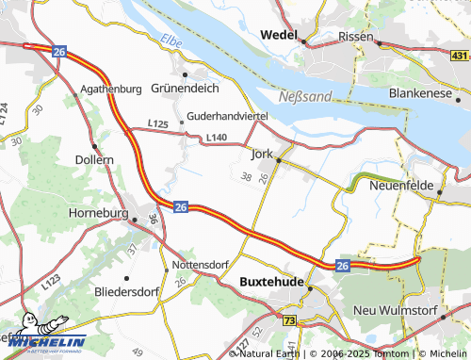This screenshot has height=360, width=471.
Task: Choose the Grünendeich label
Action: (x=186, y=89)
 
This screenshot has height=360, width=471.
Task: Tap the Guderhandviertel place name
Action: (x=228, y=115)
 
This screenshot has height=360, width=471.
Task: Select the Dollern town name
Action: (x=94, y=160)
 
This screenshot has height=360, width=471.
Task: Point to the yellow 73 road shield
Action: (x=288, y=321)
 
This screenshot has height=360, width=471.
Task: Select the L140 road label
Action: (x=217, y=139)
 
